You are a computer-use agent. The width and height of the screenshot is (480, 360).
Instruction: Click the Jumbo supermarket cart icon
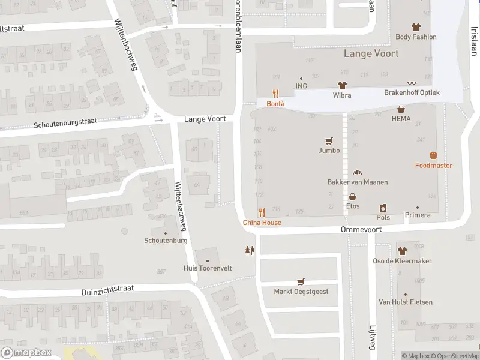[329, 141]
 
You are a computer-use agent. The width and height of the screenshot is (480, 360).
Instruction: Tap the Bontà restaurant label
[275, 103]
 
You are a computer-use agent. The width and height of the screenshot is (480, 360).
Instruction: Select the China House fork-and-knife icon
[262, 212]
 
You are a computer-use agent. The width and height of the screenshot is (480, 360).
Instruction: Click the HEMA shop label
[401, 119]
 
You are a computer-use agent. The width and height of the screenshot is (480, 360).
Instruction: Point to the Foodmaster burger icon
[433, 155]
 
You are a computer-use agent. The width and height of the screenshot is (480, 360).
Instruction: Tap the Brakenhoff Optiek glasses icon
[412, 83]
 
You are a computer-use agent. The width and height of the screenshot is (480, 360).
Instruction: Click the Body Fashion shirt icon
[416, 27]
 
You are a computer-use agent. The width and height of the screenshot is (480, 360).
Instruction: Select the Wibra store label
[342, 95]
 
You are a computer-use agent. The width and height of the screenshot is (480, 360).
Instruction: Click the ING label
[301, 86]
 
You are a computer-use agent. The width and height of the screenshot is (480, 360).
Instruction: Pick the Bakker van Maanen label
[357, 182]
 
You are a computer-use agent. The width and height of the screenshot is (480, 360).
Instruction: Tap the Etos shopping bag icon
[353, 196]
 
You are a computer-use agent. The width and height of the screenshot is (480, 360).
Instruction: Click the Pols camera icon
[383, 208]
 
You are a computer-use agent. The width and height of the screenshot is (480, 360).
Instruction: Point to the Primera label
[418, 215]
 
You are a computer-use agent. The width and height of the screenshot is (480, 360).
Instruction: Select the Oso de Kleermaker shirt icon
[402, 251]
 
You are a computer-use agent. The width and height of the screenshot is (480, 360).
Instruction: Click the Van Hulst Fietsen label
[405, 302]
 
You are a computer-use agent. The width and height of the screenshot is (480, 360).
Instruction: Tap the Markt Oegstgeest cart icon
[301, 281]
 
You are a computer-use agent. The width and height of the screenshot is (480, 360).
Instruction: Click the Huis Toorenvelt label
[208, 268]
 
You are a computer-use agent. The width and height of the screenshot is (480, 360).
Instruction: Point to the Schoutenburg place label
[166, 241]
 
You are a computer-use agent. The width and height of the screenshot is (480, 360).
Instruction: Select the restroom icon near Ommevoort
[250, 250]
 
